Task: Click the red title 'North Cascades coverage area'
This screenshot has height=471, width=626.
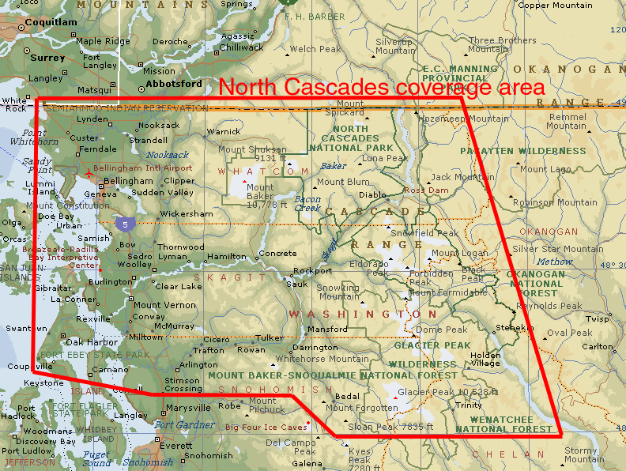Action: pyautogui.click(x=382, y=88)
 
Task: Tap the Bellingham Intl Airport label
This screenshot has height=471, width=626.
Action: pyautogui.click(x=142, y=168)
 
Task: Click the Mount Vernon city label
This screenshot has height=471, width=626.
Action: pyautogui.click(x=164, y=305)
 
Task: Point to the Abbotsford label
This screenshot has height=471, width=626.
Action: pyautogui.click(x=173, y=83)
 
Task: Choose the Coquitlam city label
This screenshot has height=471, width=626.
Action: pyautogui.click(x=51, y=22)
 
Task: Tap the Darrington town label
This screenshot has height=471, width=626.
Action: pyautogui.click(x=315, y=347)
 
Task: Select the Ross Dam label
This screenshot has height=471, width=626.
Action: pyautogui.click(x=425, y=190)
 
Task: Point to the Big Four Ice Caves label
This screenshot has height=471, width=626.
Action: pyautogui.click(x=265, y=427)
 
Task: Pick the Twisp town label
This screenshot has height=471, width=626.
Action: pyautogui.click(x=598, y=319)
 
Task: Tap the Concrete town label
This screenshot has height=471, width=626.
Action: pyautogui.click(x=278, y=254)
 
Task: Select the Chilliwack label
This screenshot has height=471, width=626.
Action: pyautogui.click(x=241, y=47)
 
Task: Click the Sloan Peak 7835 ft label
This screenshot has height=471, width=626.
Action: pyautogui.click(x=391, y=427)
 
